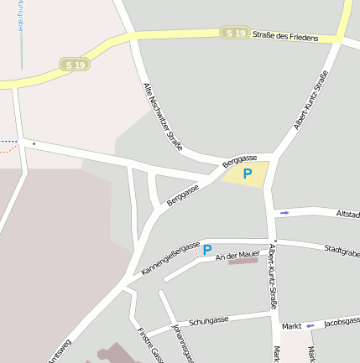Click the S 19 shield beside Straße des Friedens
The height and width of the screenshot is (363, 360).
(x=237, y=33)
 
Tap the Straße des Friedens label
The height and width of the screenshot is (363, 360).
(x=285, y=37)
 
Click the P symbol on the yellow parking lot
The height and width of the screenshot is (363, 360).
(x=247, y=174)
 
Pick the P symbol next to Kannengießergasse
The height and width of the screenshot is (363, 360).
(x=206, y=249)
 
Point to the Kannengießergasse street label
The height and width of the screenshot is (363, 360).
(x=170, y=258)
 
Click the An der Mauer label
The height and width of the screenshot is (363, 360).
(x=237, y=254)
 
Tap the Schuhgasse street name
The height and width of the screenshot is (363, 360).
(x=209, y=321)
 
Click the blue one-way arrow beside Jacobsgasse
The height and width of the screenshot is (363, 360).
(x=310, y=325)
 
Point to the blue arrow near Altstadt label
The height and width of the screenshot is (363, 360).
(x=284, y=213)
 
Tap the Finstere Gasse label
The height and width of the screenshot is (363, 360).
(x=147, y=346)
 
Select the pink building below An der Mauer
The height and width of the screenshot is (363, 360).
(x=243, y=262)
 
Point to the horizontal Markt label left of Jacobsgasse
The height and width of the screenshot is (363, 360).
(x=291, y=325)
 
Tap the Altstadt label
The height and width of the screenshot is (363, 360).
(x=347, y=214)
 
